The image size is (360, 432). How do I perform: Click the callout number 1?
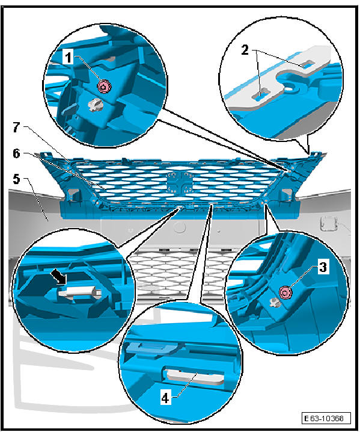pos(70,58)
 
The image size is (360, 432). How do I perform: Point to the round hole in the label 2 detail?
pos(292,87)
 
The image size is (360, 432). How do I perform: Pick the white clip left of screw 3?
pos(275,302)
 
